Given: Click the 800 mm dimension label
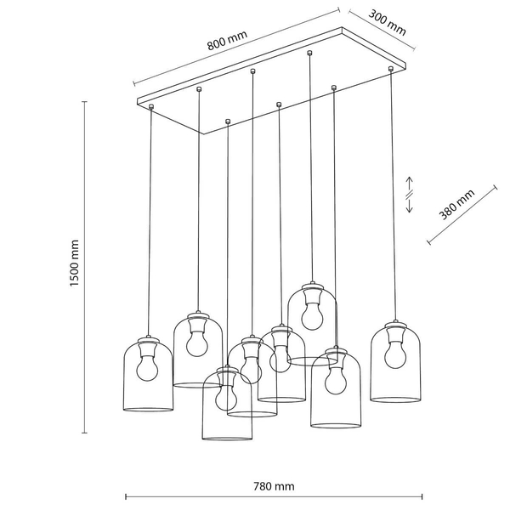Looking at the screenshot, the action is tap(227, 40).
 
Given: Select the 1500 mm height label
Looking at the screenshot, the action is tap(75, 263).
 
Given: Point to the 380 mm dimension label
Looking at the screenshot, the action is tap(456, 205).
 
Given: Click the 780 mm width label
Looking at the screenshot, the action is tap(274, 486).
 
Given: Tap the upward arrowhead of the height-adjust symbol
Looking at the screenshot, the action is tap(410, 179).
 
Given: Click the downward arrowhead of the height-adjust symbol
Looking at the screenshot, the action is tap(410, 210).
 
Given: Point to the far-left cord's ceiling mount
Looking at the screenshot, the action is tap(151, 106).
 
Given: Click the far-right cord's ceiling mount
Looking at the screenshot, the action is tap(391, 69).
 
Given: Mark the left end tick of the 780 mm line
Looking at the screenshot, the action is tap(126, 496).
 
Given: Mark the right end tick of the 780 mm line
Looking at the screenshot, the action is tap(422, 496).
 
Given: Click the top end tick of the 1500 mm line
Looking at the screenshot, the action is tap(84, 102).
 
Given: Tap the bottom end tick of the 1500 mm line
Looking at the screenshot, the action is tap(84, 433).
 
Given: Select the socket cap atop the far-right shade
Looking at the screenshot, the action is tap(395, 325).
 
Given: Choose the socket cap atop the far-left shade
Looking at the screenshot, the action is tap(148, 339).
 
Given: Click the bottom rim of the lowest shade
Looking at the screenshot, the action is tap(227, 438).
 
